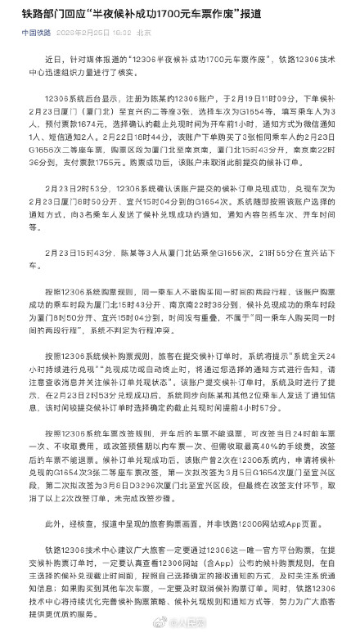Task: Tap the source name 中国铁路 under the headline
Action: pyautogui.click(x=33, y=34)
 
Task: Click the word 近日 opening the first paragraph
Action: pyautogui.click(x=52, y=61)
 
